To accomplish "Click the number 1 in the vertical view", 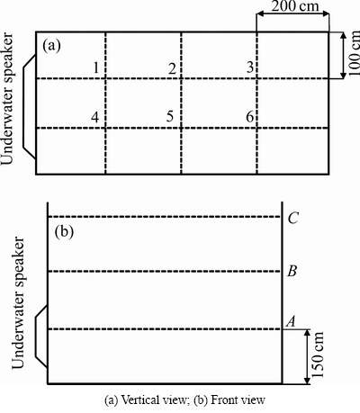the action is tap(95, 67).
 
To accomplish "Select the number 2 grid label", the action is tap(172, 68).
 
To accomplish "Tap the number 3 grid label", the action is tap(250, 67).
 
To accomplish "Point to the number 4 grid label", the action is tap(95, 117).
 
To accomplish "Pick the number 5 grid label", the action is tap(170, 116).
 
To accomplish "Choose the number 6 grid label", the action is tap(250, 117).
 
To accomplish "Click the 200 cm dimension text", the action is tap(295, 6).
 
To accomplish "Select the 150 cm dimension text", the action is tap(318, 355).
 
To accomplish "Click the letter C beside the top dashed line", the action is tap(292, 218).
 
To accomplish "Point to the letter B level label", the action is tap(292, 271).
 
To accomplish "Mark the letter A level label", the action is tap(291, 321).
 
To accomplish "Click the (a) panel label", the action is tap(51, 46).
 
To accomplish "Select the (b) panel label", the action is tap(64, 232).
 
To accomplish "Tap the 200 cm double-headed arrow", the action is tap(292, 13).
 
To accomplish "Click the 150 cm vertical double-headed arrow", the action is tap(307, 356).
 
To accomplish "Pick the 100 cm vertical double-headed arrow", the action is tap(344, 55).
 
